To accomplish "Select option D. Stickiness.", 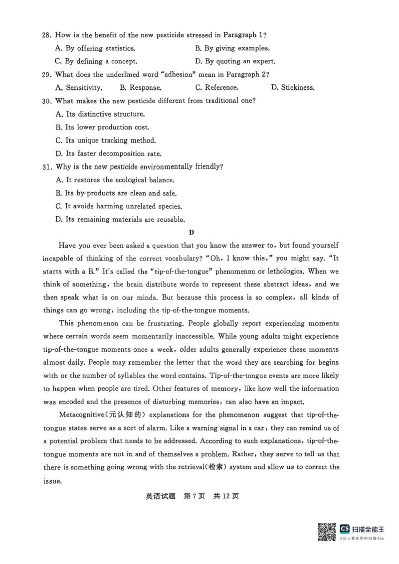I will point(293,88).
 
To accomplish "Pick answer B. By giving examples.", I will point(232,48).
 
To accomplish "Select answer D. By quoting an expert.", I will point(235,62).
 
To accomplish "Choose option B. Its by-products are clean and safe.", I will point(116,193).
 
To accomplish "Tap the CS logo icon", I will point(344,529).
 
